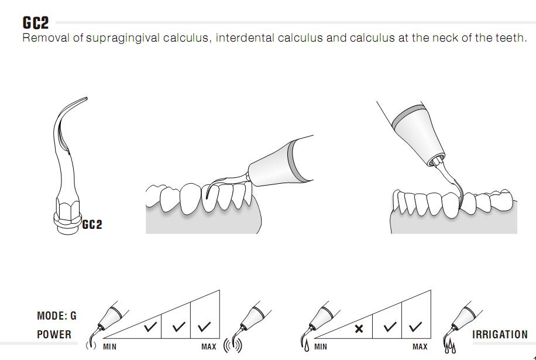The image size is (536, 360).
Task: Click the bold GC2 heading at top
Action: (x=36, y=23)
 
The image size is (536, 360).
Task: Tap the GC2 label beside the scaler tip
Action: (x=92, y=225)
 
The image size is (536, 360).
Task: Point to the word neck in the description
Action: (x=445, y=37)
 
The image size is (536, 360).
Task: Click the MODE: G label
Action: (x=57, y=316)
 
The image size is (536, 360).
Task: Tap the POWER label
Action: (x=54, y=334)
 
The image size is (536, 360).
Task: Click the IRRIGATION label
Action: (x=500, y=334)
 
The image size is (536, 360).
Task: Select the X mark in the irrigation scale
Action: (x=359, y=329)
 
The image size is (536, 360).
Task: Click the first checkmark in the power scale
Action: (x=150, y=327)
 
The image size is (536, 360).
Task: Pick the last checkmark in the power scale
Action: (x=204, y=327)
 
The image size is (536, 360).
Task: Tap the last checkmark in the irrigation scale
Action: (x=415, y=327)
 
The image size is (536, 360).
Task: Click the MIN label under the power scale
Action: (x=110, y=347)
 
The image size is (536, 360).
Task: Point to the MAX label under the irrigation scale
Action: (x=420, y=347)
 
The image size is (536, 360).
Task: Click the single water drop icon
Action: (x=306, y=346)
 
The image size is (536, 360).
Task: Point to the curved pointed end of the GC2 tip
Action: (x=86, y=99)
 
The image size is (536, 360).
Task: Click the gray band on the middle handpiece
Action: (x=296, y=162)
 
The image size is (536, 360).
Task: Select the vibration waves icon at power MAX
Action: (x=233, y=345)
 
